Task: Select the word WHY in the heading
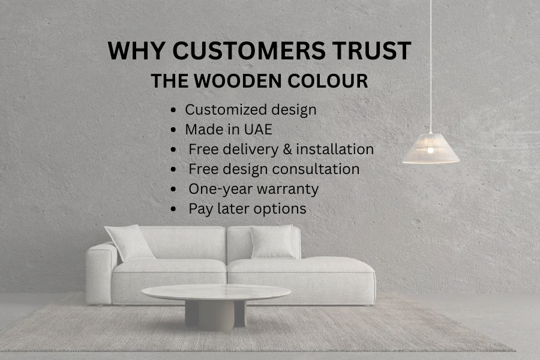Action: point(135,50)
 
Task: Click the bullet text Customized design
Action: point(250,110)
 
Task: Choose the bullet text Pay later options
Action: point(247,208)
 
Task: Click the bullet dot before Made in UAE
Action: point(173,130)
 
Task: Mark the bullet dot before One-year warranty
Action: point(173,189)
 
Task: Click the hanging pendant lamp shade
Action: point(431,149)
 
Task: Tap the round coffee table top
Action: point(216,293)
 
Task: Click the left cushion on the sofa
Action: point(130,242)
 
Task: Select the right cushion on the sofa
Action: point(273,241)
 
